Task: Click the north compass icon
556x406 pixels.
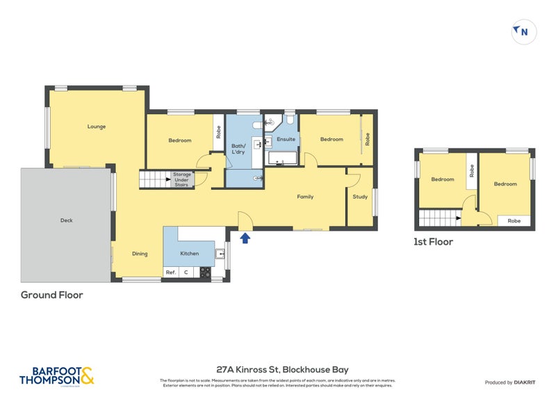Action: coord(523,31)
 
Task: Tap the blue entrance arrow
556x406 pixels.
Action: coord(245,239)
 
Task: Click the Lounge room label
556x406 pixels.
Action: coord(96,127)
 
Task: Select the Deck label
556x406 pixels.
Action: coord(67,220)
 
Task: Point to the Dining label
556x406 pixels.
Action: coord(140,254)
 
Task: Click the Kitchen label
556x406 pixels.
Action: coord(189,254)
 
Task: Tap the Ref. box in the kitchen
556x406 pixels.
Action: coord(170,273)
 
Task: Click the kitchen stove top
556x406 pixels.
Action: coord(205,273)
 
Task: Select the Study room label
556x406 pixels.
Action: coord(360,197)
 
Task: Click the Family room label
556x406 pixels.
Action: coord(305,197)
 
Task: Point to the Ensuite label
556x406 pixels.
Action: coord(286,139)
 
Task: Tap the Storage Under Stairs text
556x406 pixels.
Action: coord(182,179)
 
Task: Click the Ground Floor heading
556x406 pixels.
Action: coord(51,295)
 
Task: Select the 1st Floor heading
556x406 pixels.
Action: coord(434,242)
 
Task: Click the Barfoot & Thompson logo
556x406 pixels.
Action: coord(56,375)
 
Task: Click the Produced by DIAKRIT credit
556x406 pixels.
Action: coord(510,382)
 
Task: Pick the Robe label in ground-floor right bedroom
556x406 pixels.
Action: coord(368,140)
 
